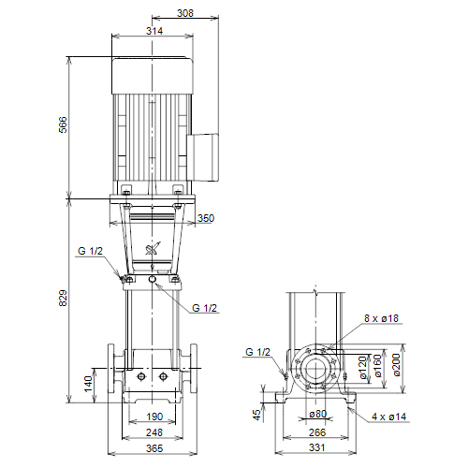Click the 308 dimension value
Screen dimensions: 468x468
tap(185, 13)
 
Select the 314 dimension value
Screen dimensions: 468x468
tap(154, 31)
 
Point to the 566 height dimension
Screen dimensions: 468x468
tap(63, 124)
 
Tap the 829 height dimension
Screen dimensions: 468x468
tap(63, 298)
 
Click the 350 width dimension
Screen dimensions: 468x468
tap(206, 218)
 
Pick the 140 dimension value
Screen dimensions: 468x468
tap(89, 384)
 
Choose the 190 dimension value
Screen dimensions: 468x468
tap(154, 417)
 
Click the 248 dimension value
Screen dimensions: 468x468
tap(154, 432)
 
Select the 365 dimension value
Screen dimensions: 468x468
tap(154, 448)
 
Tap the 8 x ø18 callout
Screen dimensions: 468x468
tap(382, 318)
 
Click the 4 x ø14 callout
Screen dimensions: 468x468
tap(389, 417)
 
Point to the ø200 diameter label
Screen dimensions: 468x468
tap(396, 365)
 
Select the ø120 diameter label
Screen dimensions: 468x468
tap(362, 368)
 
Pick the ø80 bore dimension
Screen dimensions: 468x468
tap(318, 414)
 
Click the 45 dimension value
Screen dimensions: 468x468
tap(256, 415)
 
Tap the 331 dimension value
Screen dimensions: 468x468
tap(317, 447)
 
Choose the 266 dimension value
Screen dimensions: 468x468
tap(317, 432)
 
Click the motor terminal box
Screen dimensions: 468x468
tap(203, 157)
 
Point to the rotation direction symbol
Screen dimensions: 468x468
tap(153, 249)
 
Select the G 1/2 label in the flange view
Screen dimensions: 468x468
tap(257, 352)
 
